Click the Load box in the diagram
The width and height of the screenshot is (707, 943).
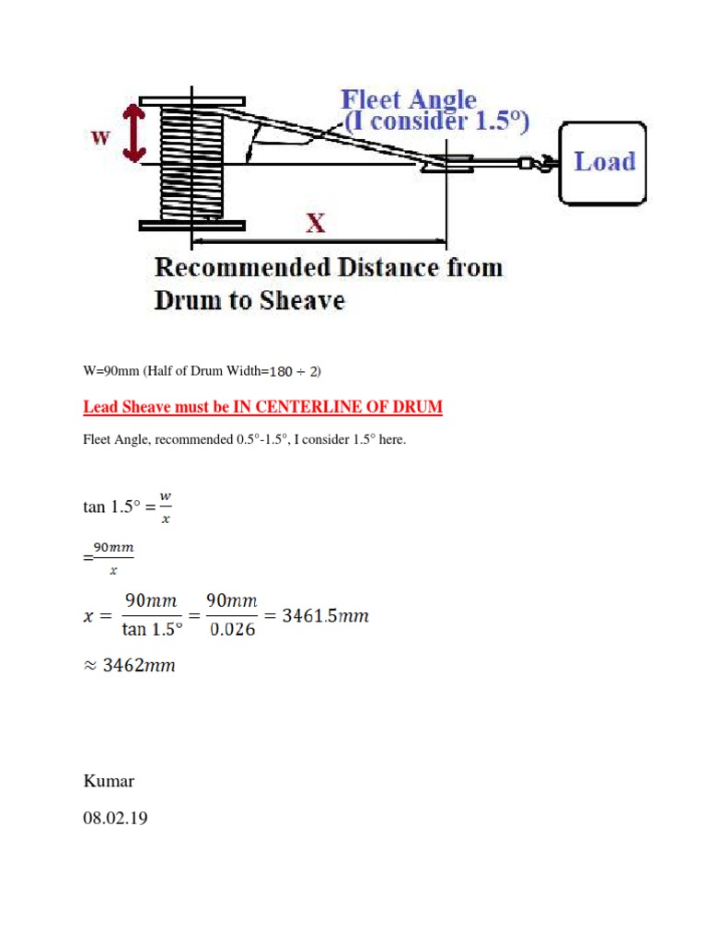604,162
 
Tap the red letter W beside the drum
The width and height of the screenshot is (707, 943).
100,137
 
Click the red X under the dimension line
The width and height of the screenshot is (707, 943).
316,224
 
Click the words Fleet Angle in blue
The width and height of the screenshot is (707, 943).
409,99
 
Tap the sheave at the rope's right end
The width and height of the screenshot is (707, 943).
448,163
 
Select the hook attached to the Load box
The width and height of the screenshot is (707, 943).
538,164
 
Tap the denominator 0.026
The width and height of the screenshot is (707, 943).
230,631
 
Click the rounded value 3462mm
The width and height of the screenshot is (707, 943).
137,665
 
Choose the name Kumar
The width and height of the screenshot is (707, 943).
109,781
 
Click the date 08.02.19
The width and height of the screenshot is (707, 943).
115,816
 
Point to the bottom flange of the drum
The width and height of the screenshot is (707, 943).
191,225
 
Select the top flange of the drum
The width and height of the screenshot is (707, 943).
191,99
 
